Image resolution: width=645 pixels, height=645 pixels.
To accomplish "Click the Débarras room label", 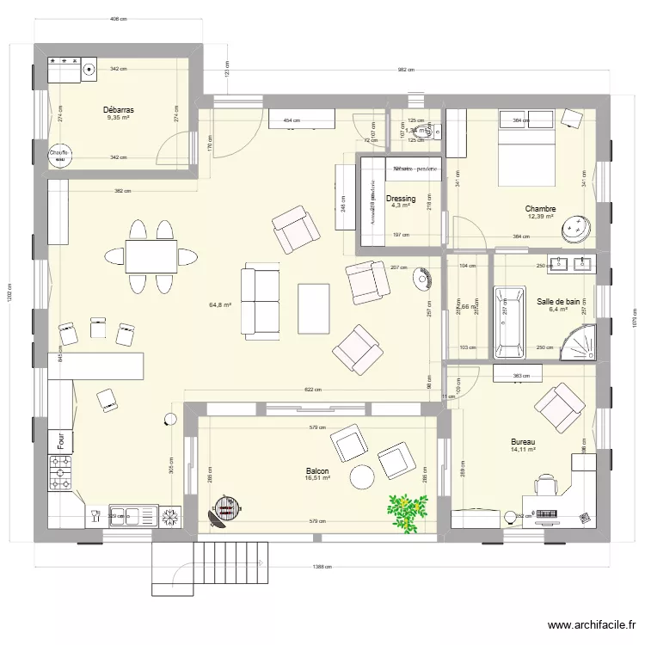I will click(118, 109).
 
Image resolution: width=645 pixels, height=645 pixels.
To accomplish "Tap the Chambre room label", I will click(540, 209).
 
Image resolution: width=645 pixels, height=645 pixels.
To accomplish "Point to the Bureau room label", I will click(523, 441).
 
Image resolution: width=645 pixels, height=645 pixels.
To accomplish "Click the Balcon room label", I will click(317, 471).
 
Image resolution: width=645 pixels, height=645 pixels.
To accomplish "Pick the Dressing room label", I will click(401, 199).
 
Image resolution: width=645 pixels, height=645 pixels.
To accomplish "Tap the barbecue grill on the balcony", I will click(224, 512).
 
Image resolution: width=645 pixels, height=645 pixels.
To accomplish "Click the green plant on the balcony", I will click(405, 512).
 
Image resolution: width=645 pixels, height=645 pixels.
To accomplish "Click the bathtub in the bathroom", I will click(509, 322).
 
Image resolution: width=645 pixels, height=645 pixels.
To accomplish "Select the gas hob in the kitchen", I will click(61, 473).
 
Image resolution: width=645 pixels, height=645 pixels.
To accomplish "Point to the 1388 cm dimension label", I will click(323, 567).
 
